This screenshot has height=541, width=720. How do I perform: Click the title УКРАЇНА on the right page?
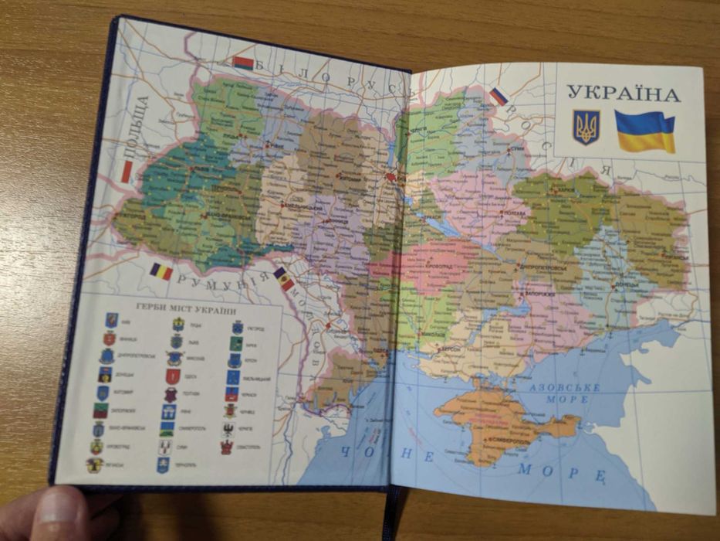tap(623, 94)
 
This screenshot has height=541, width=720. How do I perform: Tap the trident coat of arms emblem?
tap(586, 127)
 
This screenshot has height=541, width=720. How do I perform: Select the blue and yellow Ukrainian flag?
tap(644, 131)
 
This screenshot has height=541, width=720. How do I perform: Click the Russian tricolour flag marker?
tap(499, 97)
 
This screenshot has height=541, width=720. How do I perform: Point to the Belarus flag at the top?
tap(243, 63)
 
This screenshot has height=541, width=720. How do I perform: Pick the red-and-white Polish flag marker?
tap(127, 172)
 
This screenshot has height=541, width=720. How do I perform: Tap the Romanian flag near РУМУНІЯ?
tap(161, 271)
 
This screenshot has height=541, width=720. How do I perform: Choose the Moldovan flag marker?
tap(284, 279)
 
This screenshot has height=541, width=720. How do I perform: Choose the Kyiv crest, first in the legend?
tap(112, 318)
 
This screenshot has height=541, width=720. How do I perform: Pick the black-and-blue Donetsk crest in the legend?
tap(104, 375)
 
